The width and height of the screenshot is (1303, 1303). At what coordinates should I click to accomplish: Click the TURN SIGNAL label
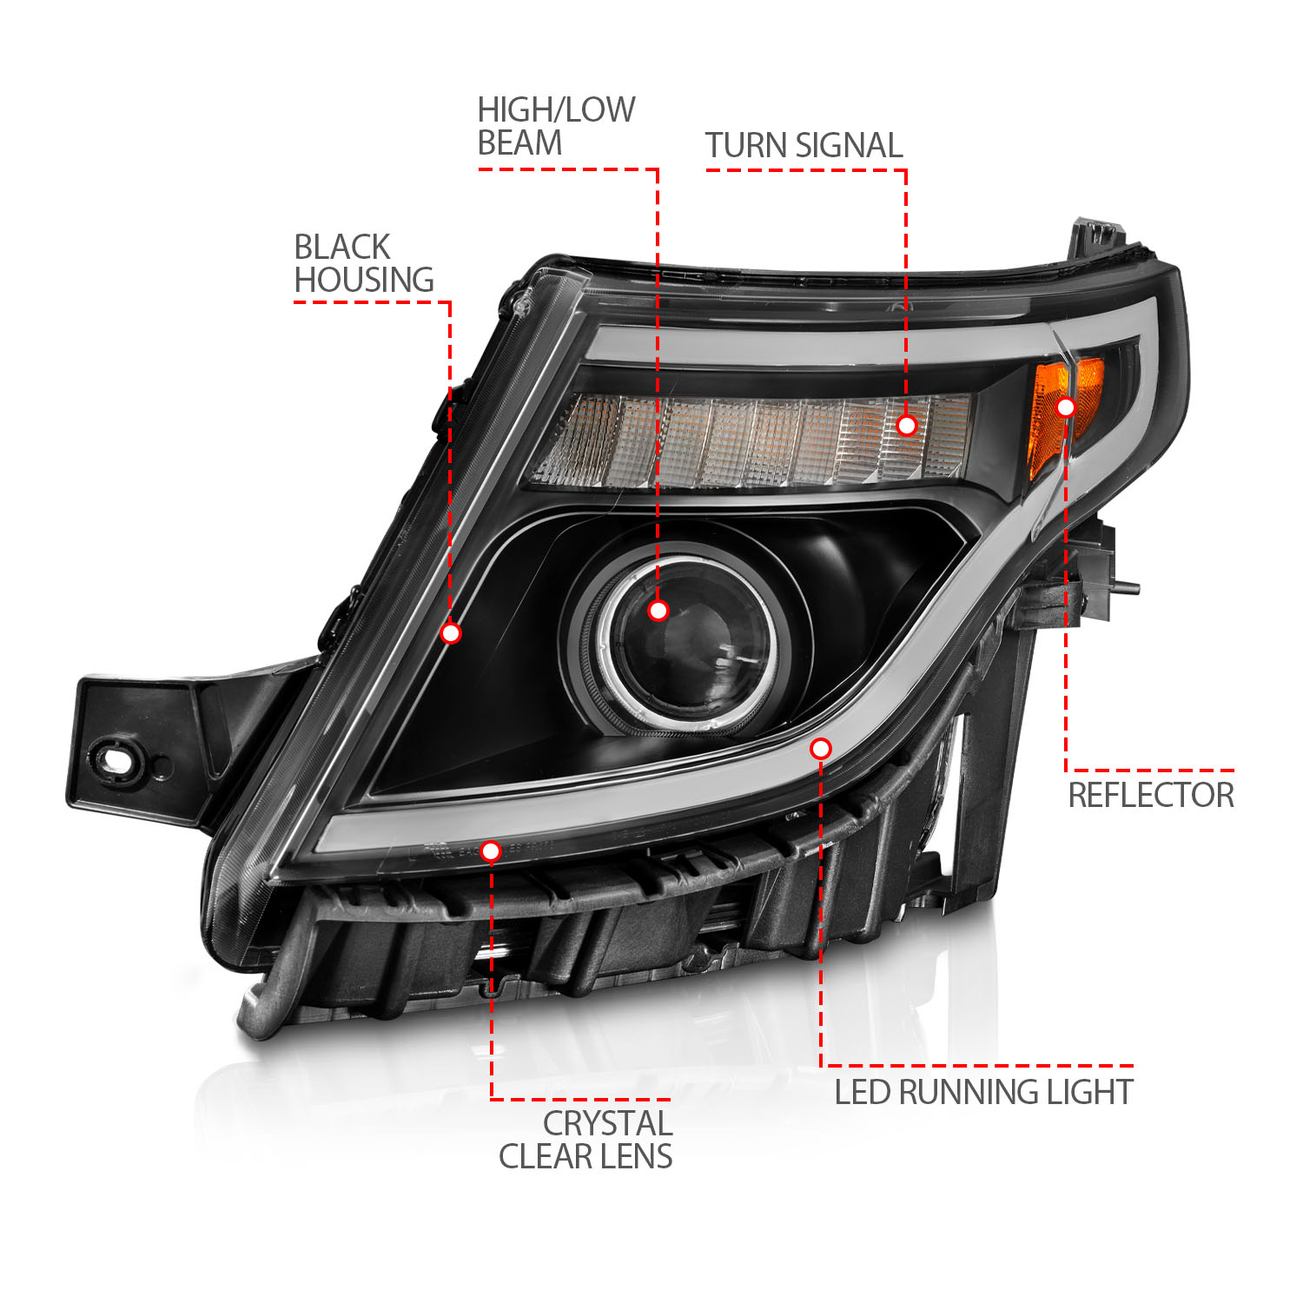[x=804, y=146]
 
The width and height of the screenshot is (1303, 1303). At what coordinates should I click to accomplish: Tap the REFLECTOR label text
[x=1150, y=796]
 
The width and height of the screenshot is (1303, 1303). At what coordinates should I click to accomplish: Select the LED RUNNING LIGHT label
[x=983, y=1093]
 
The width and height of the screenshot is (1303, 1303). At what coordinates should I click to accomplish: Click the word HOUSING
[x=364, y=281]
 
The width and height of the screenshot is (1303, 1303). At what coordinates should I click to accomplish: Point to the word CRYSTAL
[x=607, y=1124]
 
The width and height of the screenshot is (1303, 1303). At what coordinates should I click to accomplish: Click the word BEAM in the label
[x=519, y=143]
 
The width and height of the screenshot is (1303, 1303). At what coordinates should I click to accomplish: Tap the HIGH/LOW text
[x=556, y=110]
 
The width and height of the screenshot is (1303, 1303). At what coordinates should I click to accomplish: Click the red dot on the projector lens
[x=658, y=611]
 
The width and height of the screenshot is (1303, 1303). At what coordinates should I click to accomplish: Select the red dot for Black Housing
[x=450, y=633]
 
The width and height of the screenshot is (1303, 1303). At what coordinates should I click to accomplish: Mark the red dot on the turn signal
[x=906, y=425]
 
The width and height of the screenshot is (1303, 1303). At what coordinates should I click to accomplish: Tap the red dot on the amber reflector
[x=1066, y=407]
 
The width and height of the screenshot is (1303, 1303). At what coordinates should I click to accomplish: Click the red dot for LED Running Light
[x=821, y=748]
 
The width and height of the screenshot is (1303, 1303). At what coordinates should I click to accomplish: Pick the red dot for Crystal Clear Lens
[x=491, y=851]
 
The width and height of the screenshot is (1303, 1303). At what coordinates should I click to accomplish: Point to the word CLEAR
[x=542, y=1157]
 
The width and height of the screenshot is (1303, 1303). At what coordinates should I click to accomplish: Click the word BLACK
[x=342, y=248]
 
